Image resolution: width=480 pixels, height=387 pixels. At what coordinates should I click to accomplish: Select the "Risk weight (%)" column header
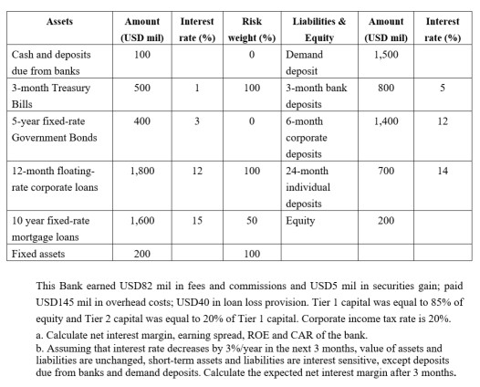[258, 28]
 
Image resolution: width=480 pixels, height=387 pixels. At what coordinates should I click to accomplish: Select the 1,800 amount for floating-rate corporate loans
[141, 169]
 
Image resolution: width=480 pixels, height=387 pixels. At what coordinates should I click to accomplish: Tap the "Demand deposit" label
[300, 63]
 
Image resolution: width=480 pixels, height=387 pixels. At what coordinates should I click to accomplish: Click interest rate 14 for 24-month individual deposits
[443, 169]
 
